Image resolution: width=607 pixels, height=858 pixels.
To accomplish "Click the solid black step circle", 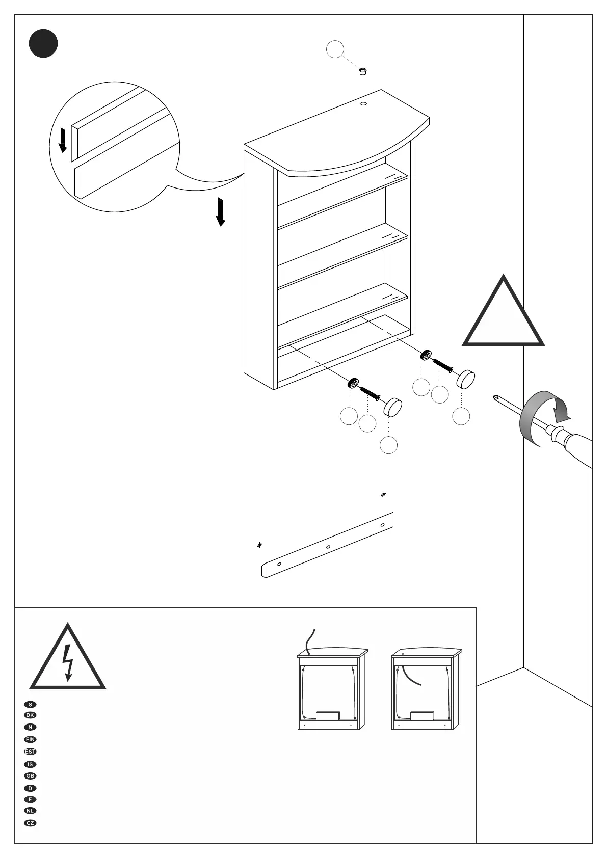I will pos(43,43).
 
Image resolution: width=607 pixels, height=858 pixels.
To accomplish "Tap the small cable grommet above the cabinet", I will pos(363,71).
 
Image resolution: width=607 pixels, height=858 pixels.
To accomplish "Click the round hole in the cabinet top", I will pos(364,104).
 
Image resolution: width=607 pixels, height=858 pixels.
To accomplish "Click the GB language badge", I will pos(31,790).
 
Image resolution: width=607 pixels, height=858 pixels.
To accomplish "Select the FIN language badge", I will pos(31,739).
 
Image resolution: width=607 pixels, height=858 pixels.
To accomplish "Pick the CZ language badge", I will pos(31,823).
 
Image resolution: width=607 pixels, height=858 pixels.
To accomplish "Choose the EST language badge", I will pos(31,752).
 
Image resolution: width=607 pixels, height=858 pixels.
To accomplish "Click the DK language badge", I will pos(31,715).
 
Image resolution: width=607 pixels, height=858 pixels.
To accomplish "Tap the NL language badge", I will pos(31,811).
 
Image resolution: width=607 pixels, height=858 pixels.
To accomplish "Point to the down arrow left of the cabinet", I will pos(220,212).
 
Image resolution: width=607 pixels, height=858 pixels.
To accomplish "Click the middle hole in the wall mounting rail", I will pos(328,547).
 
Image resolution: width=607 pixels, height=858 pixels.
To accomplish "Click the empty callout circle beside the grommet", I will pos(335,49).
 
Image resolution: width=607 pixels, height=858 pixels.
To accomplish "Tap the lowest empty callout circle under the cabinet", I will pos(388,445).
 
